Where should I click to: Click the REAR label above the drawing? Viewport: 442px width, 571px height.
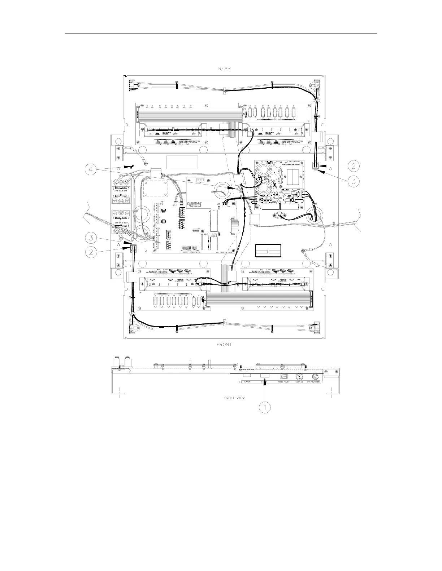[x=224, y=68]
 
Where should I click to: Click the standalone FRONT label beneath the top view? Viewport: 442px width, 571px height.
[x=224, y=344]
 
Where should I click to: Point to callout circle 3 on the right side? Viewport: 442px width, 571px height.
[x=354, y=181]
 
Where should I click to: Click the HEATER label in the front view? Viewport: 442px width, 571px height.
[x=247, y=381]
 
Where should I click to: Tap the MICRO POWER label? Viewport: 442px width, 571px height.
[x=284, y=381]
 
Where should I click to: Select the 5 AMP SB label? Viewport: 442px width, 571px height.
[x=300, y=381]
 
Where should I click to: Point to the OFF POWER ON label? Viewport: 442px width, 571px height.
[x=314, y=381]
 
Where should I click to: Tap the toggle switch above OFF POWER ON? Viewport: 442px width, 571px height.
[x=315, y=376]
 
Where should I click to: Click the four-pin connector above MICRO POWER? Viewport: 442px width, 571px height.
[x=284, y=376]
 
